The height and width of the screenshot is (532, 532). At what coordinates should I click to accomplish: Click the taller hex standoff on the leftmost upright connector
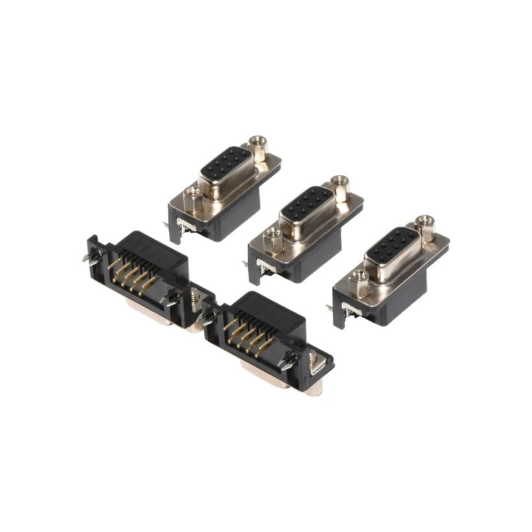(x=258, y=149)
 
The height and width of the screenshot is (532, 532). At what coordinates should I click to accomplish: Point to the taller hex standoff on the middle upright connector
(x=339, y=188)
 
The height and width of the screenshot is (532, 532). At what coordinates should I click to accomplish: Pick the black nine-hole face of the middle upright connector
(x=306, y=204)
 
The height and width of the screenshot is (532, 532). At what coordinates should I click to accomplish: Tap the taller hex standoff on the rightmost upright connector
(x=424, y=228)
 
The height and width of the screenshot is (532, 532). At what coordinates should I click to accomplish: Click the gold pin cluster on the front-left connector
(x=132, y=272)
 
